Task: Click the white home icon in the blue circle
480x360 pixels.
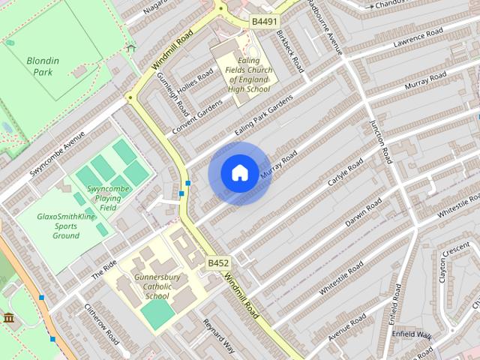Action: click(239, 173)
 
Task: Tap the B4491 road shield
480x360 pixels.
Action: click(263, 22)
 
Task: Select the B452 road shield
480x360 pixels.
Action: click(218, 262)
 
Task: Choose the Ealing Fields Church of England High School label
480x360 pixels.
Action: click(244, 73)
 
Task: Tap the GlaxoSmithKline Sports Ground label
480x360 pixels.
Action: click(66, 226)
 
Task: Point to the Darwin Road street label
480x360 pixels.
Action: click(363, 212)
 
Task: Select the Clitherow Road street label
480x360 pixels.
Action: click(101, 323)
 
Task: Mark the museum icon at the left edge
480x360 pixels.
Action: click(9, 319)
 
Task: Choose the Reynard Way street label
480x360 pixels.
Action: click(219, 334)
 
